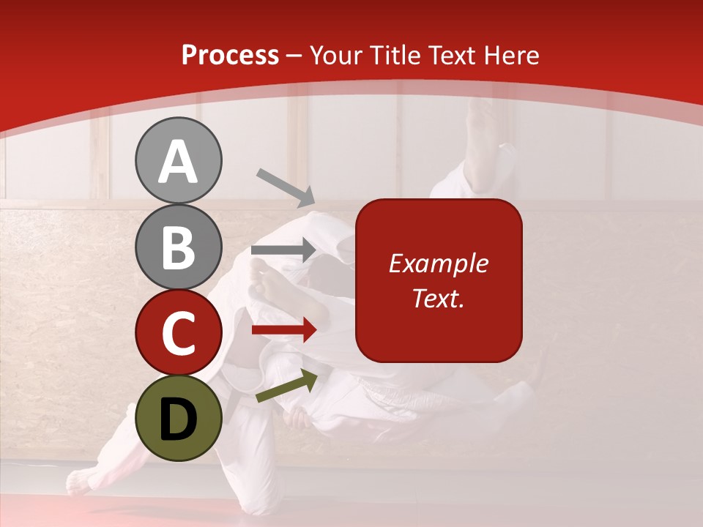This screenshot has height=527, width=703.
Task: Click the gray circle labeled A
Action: click(x=178, y=160)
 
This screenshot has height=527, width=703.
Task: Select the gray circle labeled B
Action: click(x=178, y=247)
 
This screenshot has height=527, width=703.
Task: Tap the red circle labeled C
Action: click(x=178, y=332)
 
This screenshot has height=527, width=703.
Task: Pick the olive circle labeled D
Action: click(x=178, y=418)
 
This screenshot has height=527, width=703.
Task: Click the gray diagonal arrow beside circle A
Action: click(x=286, y=187)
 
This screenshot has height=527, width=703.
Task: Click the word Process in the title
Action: click(x=230, y=56)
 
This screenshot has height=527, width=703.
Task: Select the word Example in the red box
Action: click(x=438, y=263)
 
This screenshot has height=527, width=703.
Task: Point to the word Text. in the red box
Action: click(x=438, y=298)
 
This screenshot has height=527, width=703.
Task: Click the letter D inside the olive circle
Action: click(x=178, y=419)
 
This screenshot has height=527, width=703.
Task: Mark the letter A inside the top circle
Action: click(x=178, y=162)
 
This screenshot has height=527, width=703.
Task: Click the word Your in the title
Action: click(x=336, y=56)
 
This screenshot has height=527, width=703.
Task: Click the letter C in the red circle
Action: click(x=178, y=333)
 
